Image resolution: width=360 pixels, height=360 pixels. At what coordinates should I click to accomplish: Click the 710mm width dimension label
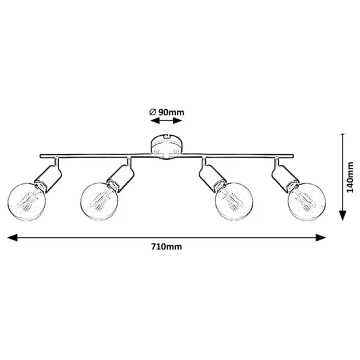pyautogui.click(x=166, y=247)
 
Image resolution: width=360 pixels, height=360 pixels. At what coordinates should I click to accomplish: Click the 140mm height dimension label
pyautogui.click(x=350, y=177)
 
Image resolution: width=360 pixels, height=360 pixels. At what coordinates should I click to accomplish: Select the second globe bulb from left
pyautogui.click(x=99, y=201)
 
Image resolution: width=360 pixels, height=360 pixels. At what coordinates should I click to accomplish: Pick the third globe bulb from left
pyautogui.click(x=234, y=201)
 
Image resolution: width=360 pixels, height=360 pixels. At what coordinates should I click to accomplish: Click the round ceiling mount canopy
pyautogui.click(x=166, y=147)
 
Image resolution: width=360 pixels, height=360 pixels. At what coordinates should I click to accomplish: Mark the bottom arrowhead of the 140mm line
pyautogui.click(x=343, y=216)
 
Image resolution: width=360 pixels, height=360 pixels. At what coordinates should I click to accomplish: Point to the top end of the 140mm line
pyautogui.click(x=343, y=134)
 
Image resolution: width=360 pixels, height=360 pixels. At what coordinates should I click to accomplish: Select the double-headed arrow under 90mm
pyautogui.click(x=166, y=121)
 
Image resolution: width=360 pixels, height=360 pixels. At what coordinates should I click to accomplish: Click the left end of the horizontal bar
pyautogui.click(x=41, y=156)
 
